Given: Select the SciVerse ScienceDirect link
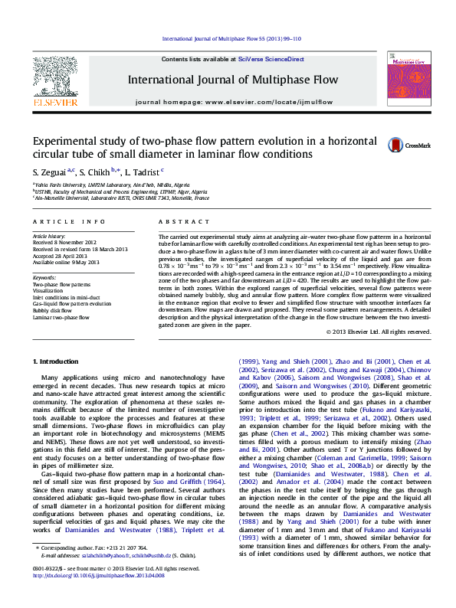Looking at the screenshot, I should coord(271,59).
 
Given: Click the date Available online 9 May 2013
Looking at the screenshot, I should coord(67,262).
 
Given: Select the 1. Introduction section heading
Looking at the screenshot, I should coord(58,361).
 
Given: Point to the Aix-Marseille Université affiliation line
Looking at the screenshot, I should coord(121,198).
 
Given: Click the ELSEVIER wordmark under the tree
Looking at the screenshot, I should coord(54,102).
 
